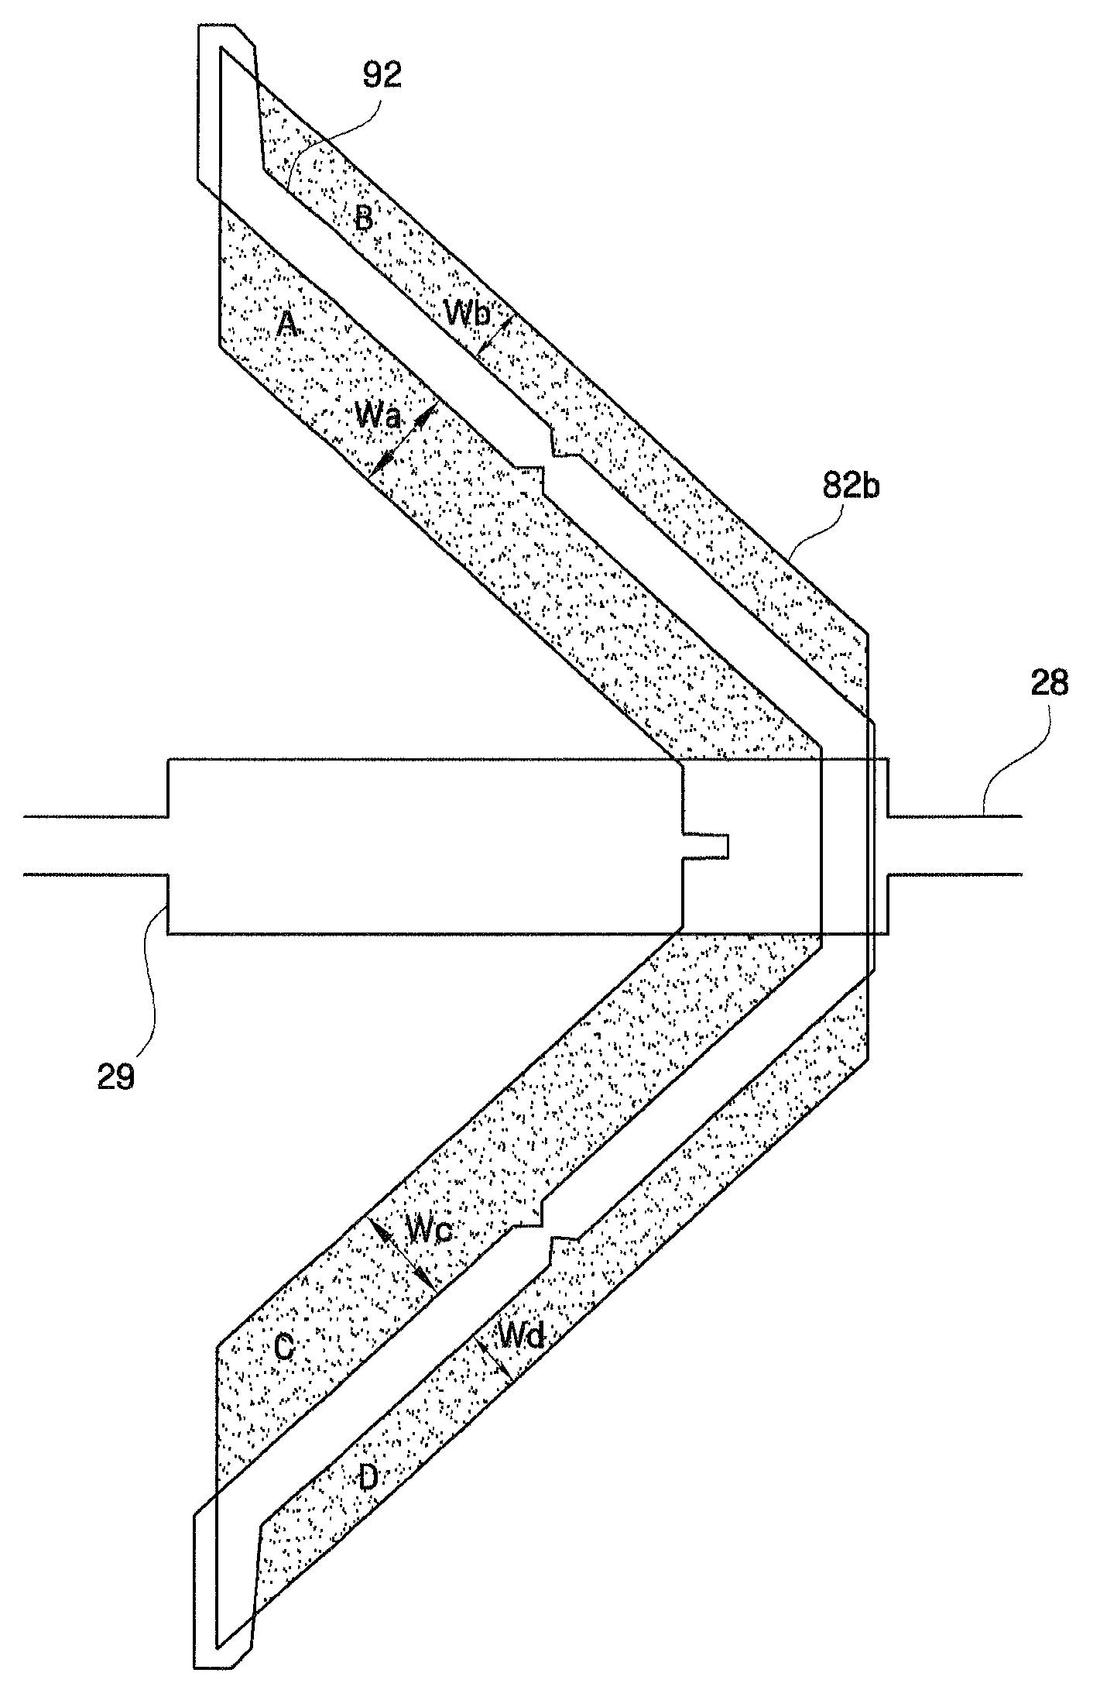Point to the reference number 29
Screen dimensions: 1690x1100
pyautogui.click(x=116, y=1077)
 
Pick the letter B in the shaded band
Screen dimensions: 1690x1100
pyautogui.click(x=364, y=219)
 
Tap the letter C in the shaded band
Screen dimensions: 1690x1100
pyautogui.click(x=284, y=1349)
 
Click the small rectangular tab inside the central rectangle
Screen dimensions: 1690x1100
pyautogui.click(x=705, y=845)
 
